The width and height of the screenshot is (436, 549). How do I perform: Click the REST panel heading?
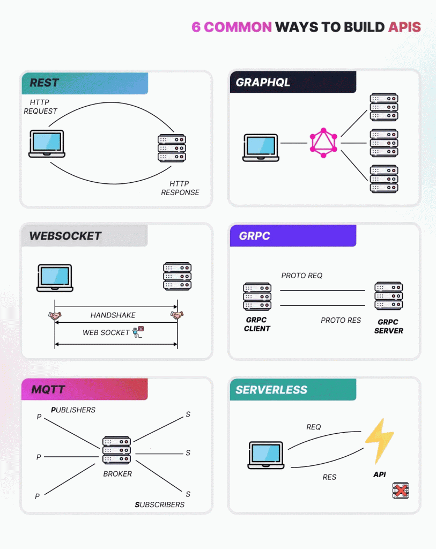point(45,83)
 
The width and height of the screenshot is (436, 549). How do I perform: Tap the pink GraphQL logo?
point(323,143)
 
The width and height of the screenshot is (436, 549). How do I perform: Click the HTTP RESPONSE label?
point(180,188)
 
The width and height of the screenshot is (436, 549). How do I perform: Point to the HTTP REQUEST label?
point(40,107)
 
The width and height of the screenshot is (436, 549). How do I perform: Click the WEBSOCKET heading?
point(65,236)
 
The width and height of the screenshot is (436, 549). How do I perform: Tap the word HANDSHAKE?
point(113,315)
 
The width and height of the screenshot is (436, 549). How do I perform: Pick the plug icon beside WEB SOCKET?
point(138,332)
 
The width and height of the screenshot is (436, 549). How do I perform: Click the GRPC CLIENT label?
point(257,324)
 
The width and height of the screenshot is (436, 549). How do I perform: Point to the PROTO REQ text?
point(302,276)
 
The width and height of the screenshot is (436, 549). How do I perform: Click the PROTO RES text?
point(341,320)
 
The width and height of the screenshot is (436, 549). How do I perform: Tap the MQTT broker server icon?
point(116,450)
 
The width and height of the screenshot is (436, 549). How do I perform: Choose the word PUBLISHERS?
point(73,410)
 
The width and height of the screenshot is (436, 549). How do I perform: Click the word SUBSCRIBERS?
point(159,505)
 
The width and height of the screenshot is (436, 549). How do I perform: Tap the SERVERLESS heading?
point(271,390)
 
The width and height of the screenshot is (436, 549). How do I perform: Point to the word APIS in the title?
point(405,27)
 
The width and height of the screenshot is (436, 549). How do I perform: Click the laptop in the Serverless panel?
point(266,455)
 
